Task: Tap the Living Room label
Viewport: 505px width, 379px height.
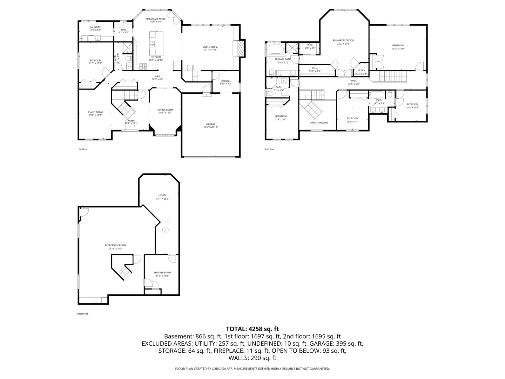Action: pyautogui.click(x=210, y=47)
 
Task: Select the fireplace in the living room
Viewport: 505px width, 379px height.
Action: pyautogui.click(x=240, y=48)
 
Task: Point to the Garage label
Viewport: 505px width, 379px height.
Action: pyautogui.click(x=210, y=124)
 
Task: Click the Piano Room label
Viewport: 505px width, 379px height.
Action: pyautogui.click(x=95, y=112)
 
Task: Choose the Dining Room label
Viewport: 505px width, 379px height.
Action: pyautogui.click(x=165, y=110)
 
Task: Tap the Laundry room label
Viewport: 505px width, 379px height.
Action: pyautogui.click(x=95, y=27)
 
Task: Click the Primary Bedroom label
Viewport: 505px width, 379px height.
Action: pyautogui.click(x=343, y=40)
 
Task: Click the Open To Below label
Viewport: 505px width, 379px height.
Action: pyautogui.click(x=318, y=122)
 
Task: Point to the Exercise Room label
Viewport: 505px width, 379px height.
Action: pyautogui.click(x=162, y=273)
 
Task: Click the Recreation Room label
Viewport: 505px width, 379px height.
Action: pyautogui.click(x=115, y=245)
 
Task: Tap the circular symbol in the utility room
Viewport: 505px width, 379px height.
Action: pyautogui.click(x=166, y=230)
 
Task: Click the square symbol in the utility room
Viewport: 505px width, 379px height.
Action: pyautogui.click(x=167, y=219)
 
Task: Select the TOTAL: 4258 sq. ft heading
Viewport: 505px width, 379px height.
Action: pyautogui.click(x=252, y=329)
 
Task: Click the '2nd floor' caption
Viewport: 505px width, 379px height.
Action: pyautogui.click(x=270, y=149)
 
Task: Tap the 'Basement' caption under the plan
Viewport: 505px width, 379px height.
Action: pyautogui.click(x=82, y=314)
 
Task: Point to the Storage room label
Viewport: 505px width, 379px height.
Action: pyautogui.click(x=225, y=81)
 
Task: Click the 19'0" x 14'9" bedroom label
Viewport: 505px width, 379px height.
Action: pyautogui.click(x=398, y=46)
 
